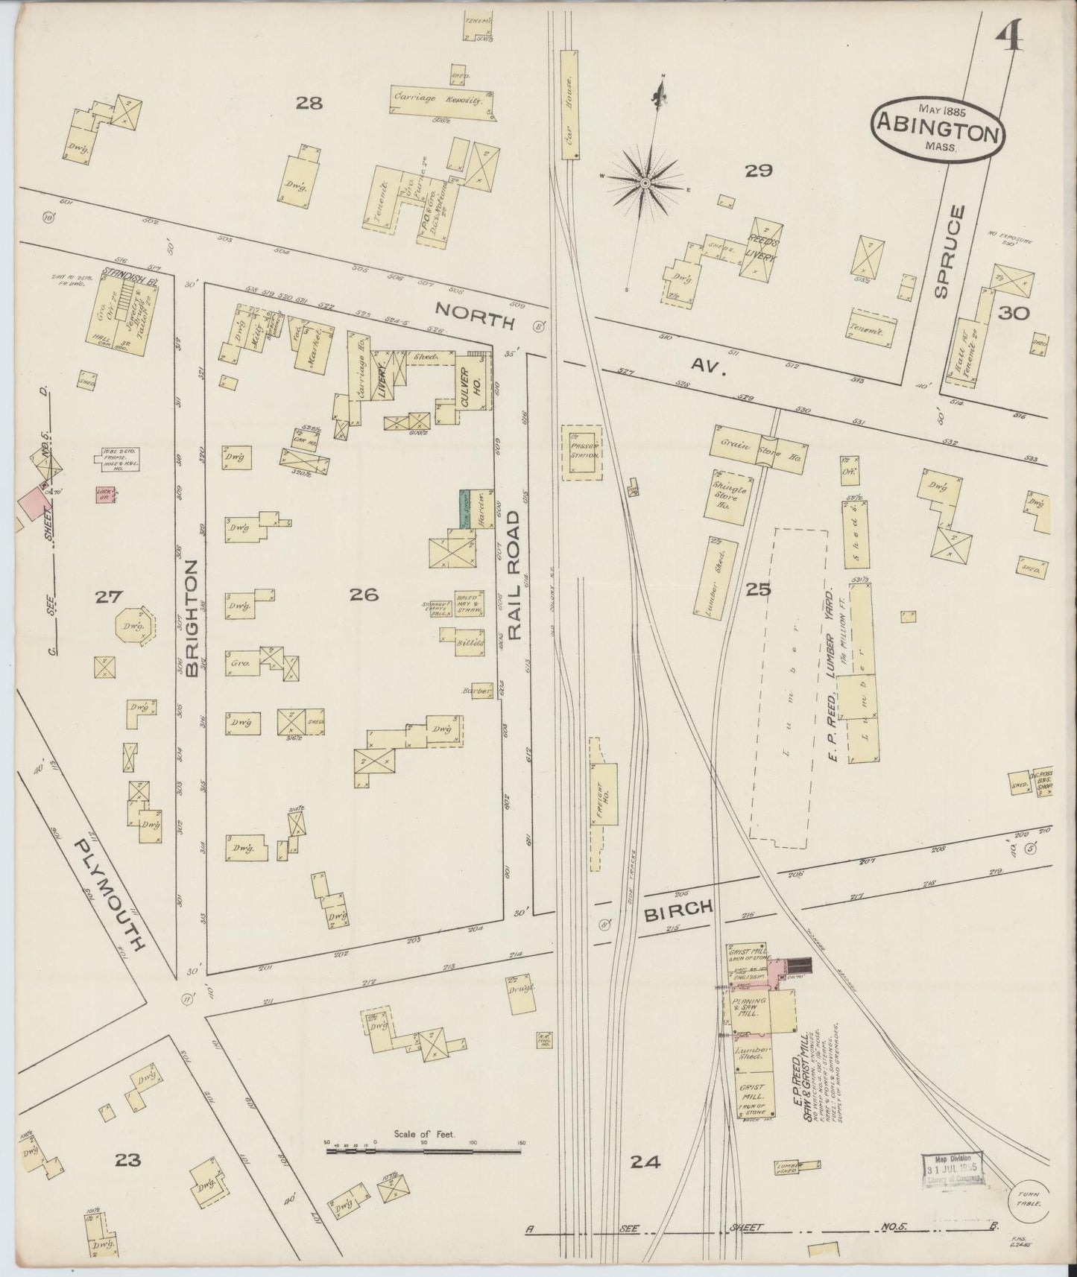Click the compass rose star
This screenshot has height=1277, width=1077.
pos(644,180)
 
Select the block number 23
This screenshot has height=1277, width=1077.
pos(128,1160)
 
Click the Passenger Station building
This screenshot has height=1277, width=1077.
pos(581,454)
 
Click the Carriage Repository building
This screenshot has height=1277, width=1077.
pos(442,100)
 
